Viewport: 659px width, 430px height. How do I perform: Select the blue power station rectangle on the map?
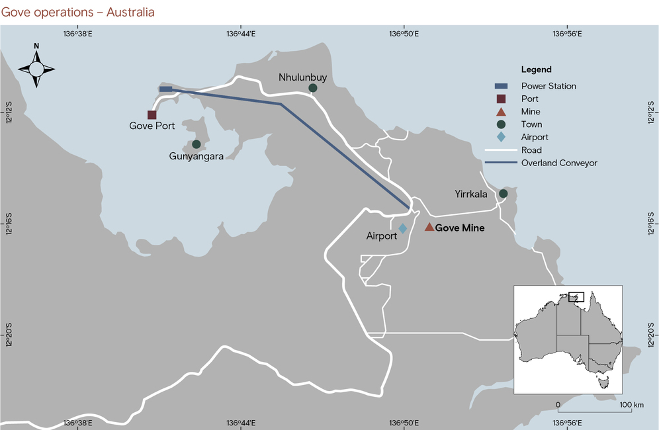tap(166, 89)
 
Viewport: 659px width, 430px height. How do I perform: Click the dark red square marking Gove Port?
tap(152, 114)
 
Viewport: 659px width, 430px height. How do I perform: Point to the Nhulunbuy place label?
tap(302, 77)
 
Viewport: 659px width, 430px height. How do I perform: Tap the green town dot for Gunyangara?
tap(196, 144)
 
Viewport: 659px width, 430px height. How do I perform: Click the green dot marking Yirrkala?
tap(503, 193)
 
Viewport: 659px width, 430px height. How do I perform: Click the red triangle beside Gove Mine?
tap(429, 227)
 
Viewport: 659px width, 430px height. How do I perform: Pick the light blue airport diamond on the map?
tap(402, 228)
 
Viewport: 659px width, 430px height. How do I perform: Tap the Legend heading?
tap(536, 69)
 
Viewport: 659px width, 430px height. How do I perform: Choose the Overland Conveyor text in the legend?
tap(559, 163)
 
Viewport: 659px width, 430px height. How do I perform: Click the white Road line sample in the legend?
tap(501, 150)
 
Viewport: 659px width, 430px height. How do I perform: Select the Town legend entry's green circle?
tap(501, 124)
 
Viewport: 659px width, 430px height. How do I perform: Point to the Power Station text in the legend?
tap(548, 86)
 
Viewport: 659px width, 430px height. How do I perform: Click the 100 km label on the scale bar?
tap(628, 404)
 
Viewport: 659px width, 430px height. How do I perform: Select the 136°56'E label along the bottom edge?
tap(567, 423)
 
